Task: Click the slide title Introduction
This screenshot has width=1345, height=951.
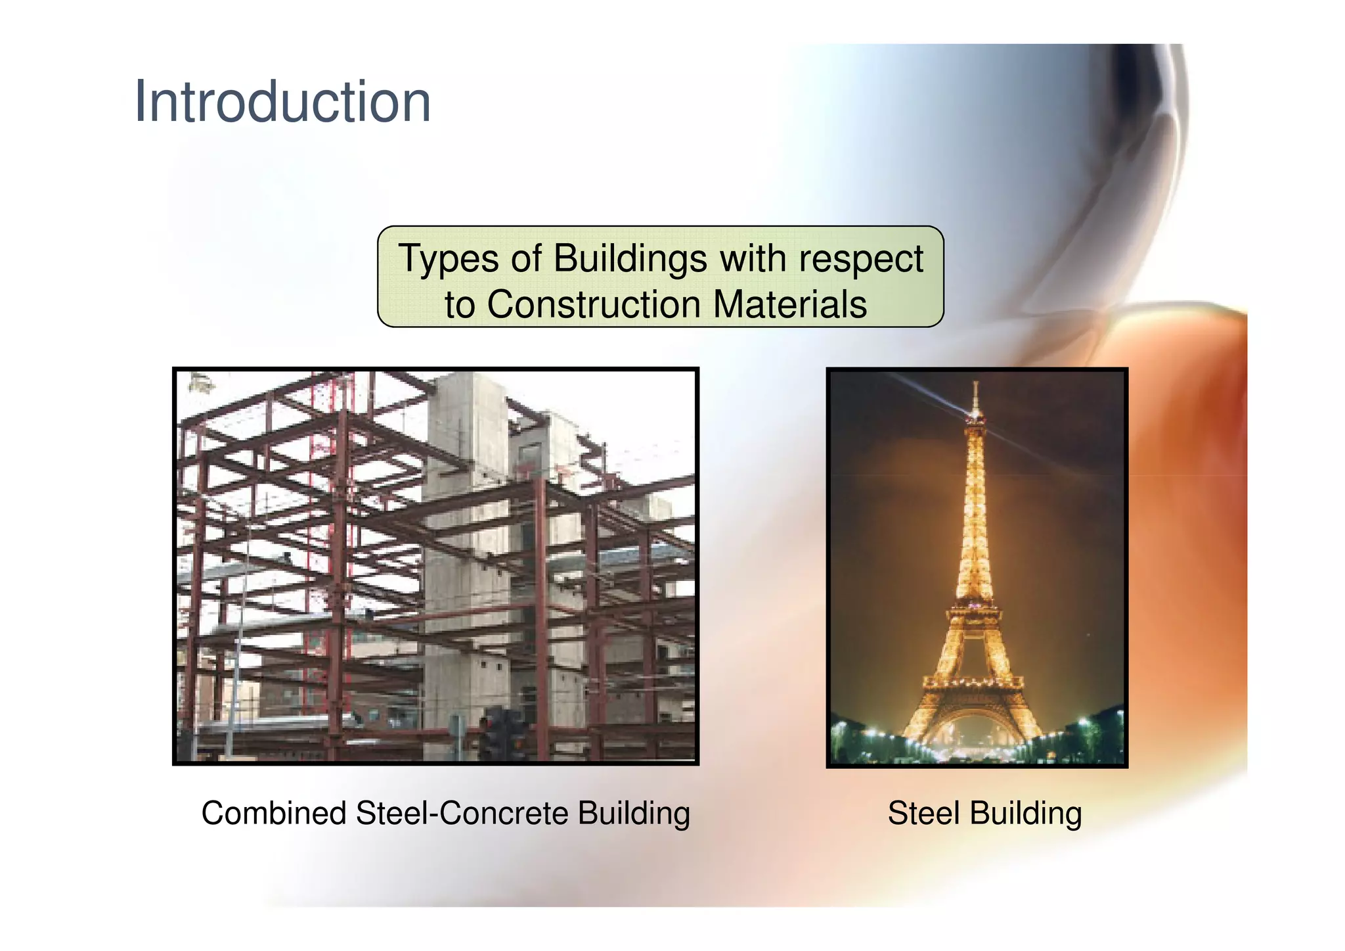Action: click(282, 102)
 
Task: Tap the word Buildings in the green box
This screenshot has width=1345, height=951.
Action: click(629, 258)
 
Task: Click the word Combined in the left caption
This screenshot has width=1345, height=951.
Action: click(273, 813)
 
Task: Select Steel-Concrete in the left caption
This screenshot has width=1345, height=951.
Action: click(462, 813)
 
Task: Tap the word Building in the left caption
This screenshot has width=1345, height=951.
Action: click(634, 814)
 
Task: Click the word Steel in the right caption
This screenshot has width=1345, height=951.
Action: click(923, 813)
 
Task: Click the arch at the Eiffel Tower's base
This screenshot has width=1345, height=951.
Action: click(973, 726)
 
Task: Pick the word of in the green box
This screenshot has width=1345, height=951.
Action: click(525, 258)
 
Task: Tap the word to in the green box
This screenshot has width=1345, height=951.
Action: click(459, 305)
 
